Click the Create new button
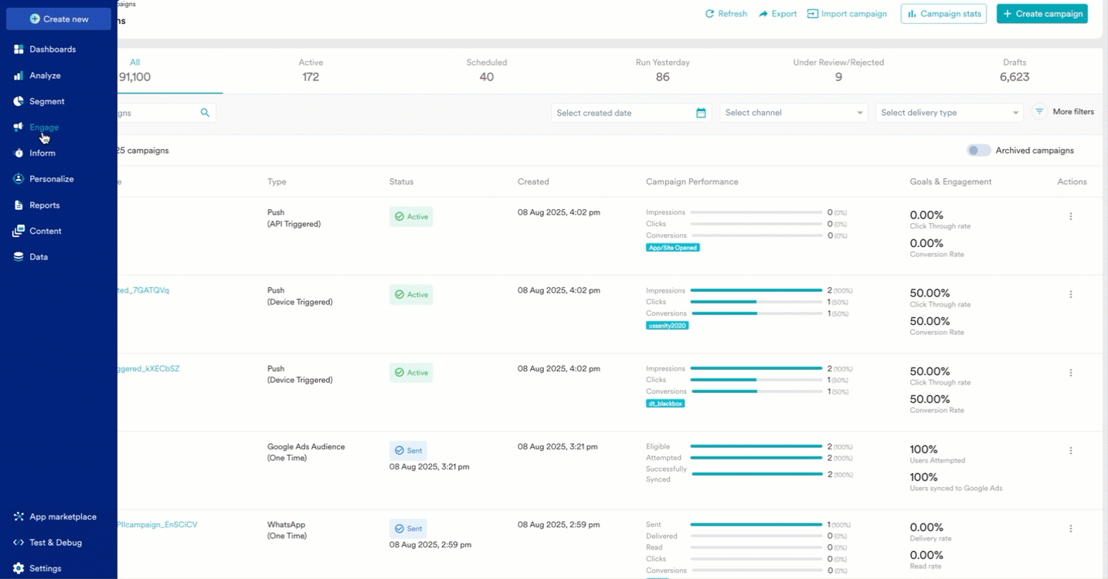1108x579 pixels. tap(59, 19)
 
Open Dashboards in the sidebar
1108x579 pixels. tap(52, 49)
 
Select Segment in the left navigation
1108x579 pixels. tap(46, 101)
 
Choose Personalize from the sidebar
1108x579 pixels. tap(51, 179)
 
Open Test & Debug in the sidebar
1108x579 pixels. tap(55, 543)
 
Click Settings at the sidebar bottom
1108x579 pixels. tap(45, 568)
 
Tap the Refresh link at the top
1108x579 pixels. tap(726, 14)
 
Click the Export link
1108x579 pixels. tap(777, 14)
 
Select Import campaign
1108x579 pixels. tap(847, 14)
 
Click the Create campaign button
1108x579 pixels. tap(1042, 14)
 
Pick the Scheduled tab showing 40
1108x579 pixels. tap(487, 69)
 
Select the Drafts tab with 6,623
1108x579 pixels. tap(1014, 69)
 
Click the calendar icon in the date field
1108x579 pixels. tap(701, 113)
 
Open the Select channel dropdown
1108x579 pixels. tap(794, 113)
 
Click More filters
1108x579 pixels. tap(1065, 112)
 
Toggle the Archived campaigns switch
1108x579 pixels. tap(979, 151)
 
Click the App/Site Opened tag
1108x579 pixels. tap(673, 248)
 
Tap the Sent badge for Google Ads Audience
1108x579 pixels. tap(408, 450)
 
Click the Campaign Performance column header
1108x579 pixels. tap(692, 182)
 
